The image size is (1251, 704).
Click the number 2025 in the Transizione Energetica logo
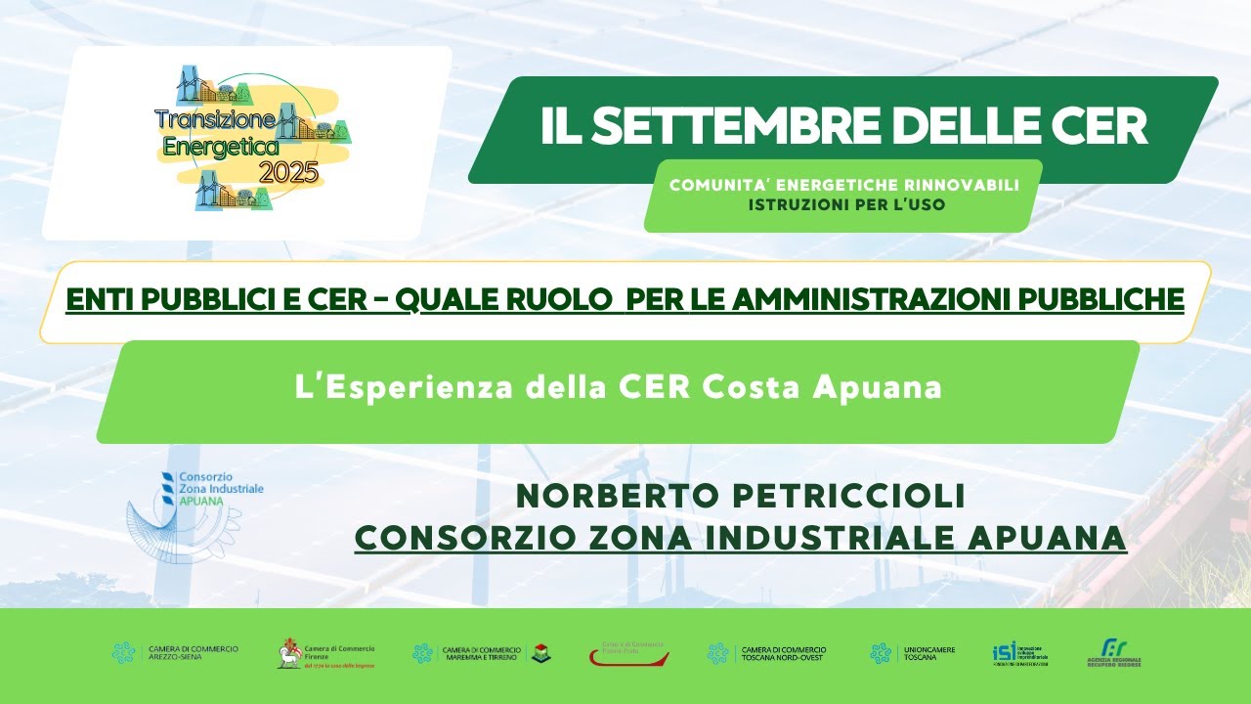(x=289, y=174)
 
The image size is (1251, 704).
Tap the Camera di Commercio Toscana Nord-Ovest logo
(x=768, y=653)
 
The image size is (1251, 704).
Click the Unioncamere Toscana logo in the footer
(x=913, y=653)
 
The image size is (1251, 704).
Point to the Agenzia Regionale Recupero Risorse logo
(x=1113, y=653)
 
